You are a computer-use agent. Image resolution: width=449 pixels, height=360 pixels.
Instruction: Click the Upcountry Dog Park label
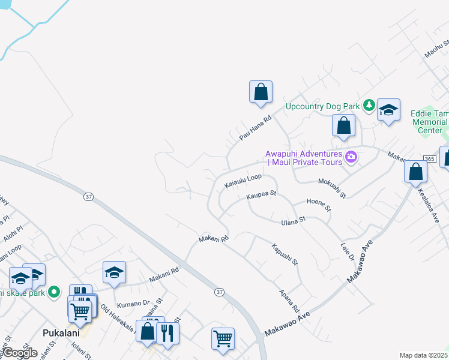(322, 106)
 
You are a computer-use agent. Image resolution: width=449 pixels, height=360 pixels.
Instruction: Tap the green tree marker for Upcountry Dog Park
(369, 106)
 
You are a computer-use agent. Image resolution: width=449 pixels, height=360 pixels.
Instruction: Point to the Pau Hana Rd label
(256, 128)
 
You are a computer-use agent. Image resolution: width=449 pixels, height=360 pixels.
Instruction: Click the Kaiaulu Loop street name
(243, 181)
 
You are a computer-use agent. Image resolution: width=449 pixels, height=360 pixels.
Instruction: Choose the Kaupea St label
(261, 194)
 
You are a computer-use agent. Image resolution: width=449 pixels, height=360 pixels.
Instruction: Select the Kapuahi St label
(285, 254)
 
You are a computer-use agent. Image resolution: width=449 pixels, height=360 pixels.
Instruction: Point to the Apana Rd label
(289, 300)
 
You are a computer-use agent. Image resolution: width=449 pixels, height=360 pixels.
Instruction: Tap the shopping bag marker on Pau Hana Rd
(261, 92)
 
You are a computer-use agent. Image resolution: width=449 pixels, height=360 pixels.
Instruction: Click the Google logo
(20, 353)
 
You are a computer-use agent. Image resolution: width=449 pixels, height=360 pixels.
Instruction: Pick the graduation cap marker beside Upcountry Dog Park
(388, 110)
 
